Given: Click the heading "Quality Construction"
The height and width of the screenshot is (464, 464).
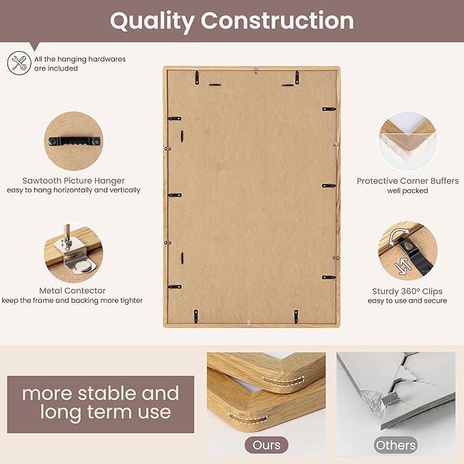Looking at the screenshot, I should point(232,21).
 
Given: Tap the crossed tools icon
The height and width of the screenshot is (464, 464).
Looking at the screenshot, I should point(18,64).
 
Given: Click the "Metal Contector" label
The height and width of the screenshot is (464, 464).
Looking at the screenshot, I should point(72,290).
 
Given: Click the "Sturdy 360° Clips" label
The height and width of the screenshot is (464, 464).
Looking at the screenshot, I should point(407,291).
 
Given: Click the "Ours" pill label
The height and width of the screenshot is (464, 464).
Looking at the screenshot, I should point(267,445).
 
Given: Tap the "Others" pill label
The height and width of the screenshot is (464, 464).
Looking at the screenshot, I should point(396,445).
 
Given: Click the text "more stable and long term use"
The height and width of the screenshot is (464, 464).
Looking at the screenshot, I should point(100,402).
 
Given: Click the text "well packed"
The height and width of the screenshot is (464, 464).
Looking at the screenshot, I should point(407,191).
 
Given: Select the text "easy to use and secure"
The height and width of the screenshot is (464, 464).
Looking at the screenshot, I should point(407,301).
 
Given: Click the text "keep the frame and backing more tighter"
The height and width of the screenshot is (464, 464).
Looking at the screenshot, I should point(72,301).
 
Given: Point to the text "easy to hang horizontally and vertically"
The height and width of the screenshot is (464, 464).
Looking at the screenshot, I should point(73,190).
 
